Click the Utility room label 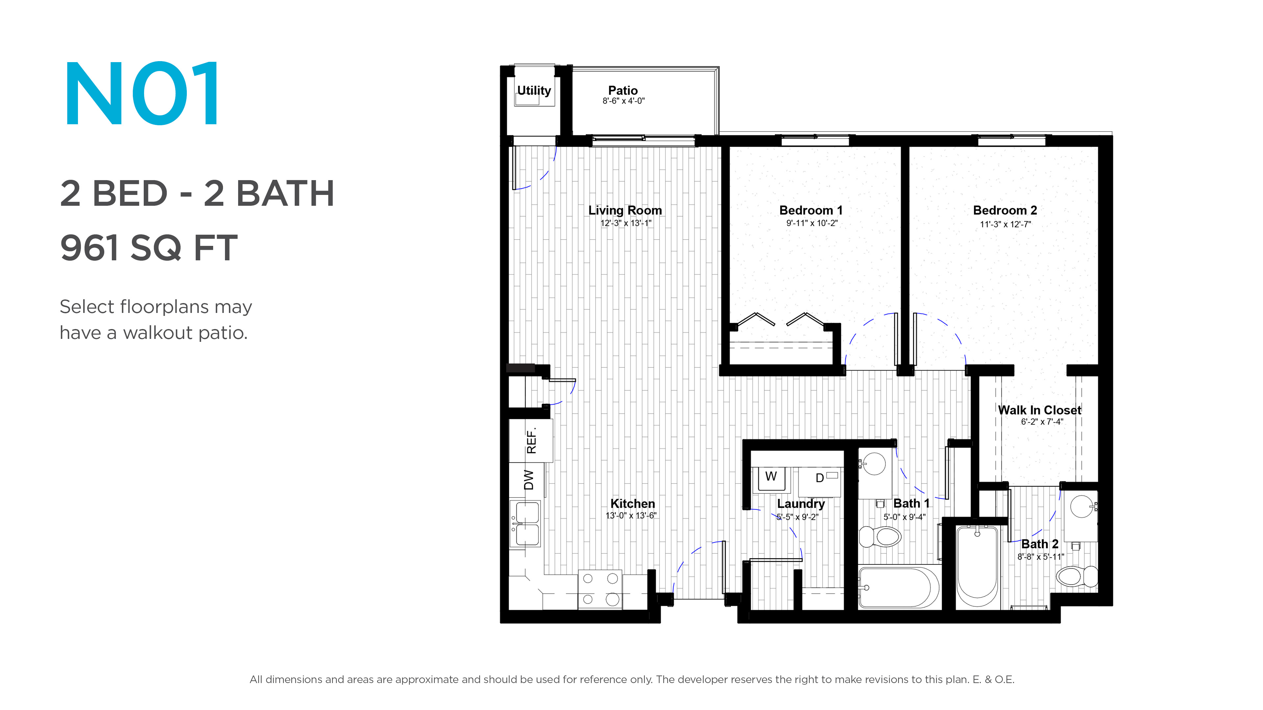coord(534,91)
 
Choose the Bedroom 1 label coord(811,210)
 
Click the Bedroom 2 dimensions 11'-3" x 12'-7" coord(1005,225)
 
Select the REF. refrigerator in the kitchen coord(531,440)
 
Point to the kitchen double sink coord(525,523)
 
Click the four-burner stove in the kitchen coord(600,589)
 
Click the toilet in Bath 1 coord(880,536)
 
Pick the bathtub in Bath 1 coord(899,587)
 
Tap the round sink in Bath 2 coord(1081,506)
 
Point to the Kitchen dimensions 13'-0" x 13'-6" coord(631,515)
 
